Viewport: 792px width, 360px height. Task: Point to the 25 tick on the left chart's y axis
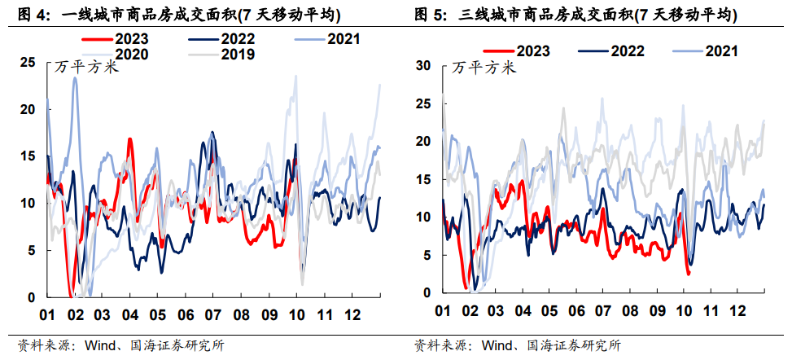(28, 62)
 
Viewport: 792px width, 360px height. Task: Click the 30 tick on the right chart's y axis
(423, 65)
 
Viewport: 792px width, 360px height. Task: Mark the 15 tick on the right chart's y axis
(423, 178)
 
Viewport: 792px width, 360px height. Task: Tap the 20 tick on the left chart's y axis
(28, 109)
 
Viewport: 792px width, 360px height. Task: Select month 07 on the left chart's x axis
(213, 314)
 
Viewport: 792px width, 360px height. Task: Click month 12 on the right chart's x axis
(737, 310)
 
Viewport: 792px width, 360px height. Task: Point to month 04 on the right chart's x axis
(523, 310)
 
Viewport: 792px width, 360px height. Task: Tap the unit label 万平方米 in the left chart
(87, 67)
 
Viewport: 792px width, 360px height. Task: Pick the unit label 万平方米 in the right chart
(484, 67)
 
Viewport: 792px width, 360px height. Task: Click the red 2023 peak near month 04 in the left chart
(130, 139)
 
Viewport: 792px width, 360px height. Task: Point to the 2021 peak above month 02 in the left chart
(75, 78)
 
